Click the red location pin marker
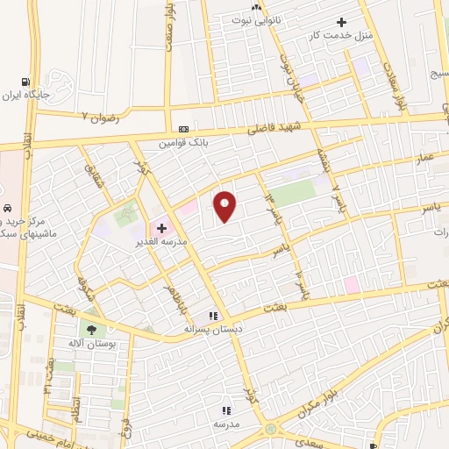(x=226, y=206)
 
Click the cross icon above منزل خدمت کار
(x=342, y=22)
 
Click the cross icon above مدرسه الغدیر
(x=161, y=227)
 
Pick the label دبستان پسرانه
(x=210, y=329)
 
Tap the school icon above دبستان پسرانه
(x=211, y=316)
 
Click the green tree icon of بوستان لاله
(x=91, y=330)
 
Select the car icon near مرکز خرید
(x=7, y=209)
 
